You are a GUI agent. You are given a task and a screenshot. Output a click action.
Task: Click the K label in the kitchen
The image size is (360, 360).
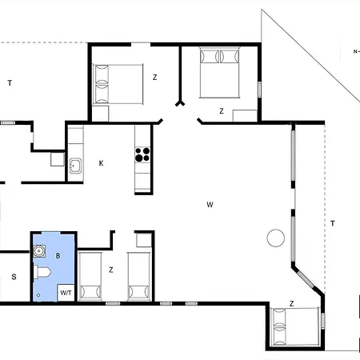(101, 163)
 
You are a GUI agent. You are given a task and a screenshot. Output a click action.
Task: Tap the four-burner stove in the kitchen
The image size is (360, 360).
(143, 154)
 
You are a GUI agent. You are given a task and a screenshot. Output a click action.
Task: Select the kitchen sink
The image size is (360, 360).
(74, 166)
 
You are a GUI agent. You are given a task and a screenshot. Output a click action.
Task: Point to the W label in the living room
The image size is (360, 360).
(210, 205)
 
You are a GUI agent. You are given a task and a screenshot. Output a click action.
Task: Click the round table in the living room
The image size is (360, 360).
(276, 238)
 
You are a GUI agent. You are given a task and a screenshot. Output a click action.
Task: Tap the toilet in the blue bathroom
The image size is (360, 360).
(42, 274)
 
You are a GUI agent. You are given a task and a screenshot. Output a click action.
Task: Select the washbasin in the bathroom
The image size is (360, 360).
(40, 250)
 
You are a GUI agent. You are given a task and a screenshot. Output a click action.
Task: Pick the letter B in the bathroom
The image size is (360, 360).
(58, 255)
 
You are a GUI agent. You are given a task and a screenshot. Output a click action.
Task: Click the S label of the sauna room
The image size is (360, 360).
(14, 277)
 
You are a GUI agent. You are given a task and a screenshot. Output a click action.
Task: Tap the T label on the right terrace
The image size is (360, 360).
(332, 223)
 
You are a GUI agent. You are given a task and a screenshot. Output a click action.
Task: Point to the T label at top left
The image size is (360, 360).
(10, 83)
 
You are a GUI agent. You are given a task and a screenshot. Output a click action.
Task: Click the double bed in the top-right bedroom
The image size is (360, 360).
(218, 72)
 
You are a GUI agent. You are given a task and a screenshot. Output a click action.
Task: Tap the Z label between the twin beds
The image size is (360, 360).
(111, 270)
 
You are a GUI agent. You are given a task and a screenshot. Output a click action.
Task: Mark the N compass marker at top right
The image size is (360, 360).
(355, 52)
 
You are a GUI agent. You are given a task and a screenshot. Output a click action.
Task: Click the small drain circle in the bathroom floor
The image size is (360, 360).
(37, 295)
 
